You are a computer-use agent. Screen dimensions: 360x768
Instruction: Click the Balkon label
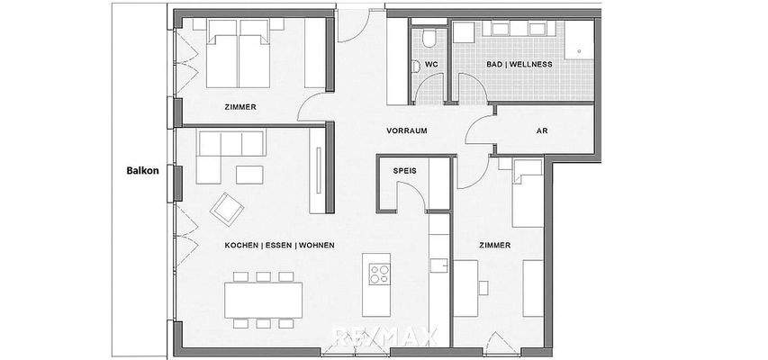click(x=142, y=169)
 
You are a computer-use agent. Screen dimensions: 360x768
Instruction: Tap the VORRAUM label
click(x=406, y=130)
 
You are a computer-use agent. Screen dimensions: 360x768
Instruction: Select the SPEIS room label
click(x=403, y=169)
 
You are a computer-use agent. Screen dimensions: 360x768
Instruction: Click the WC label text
click(x=430, y=66)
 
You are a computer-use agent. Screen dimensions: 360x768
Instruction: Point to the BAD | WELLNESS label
click(x=520, y=65)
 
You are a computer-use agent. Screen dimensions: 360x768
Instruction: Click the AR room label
click(x=542, y=130)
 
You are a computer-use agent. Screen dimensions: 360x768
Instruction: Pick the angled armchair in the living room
click(x=227, y=209)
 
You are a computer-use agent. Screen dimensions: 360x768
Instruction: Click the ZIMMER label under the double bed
click(x=240, y=107)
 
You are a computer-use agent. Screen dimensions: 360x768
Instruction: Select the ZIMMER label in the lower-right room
click(x=495, y=245)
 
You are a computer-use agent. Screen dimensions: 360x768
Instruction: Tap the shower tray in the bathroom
click(x=579, y=40)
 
